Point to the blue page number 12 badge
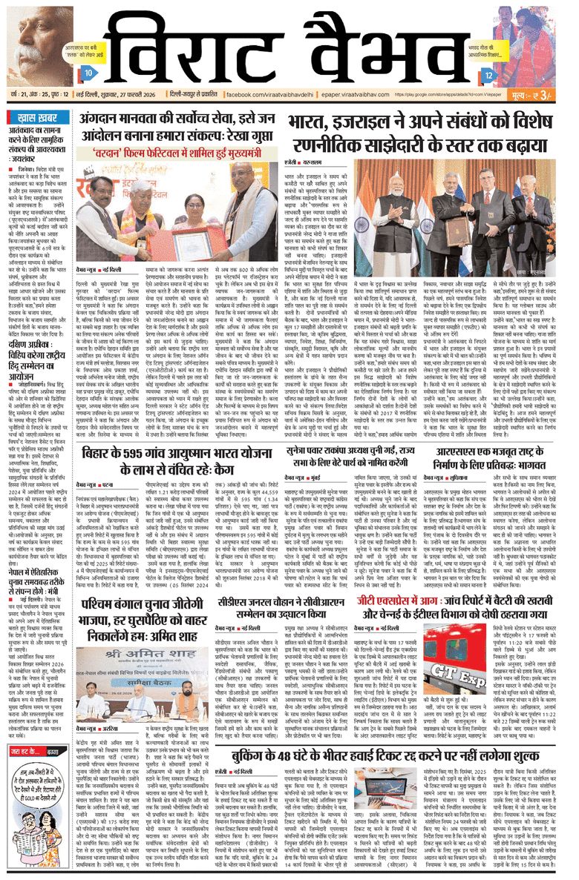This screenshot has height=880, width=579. point(488,75)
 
